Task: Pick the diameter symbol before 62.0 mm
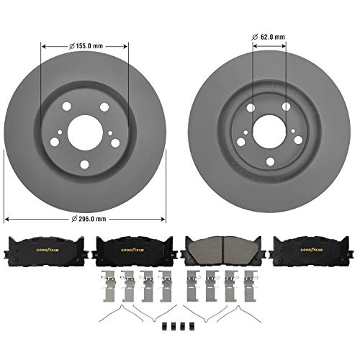pos(255,36)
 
